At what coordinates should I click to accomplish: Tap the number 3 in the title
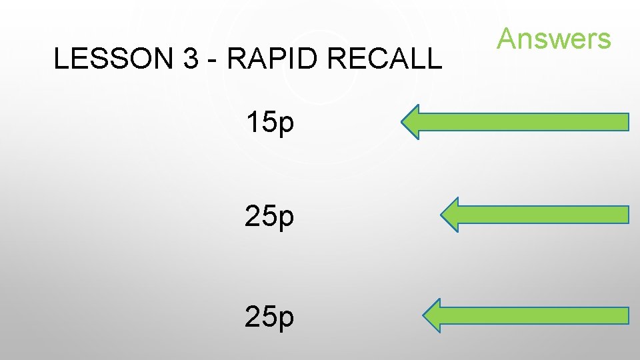[x=189, y=59]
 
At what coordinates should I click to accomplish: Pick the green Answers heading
[x=553, y=39]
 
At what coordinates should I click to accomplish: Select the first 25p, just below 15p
[x=269, y=217]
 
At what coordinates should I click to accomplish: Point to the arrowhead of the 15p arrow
[x=412, y=122]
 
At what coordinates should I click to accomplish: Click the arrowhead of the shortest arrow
[x=451, y=215]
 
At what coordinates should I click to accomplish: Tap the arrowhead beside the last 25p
[x=434, y=315]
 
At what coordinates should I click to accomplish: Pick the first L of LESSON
[x=60, y=59]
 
